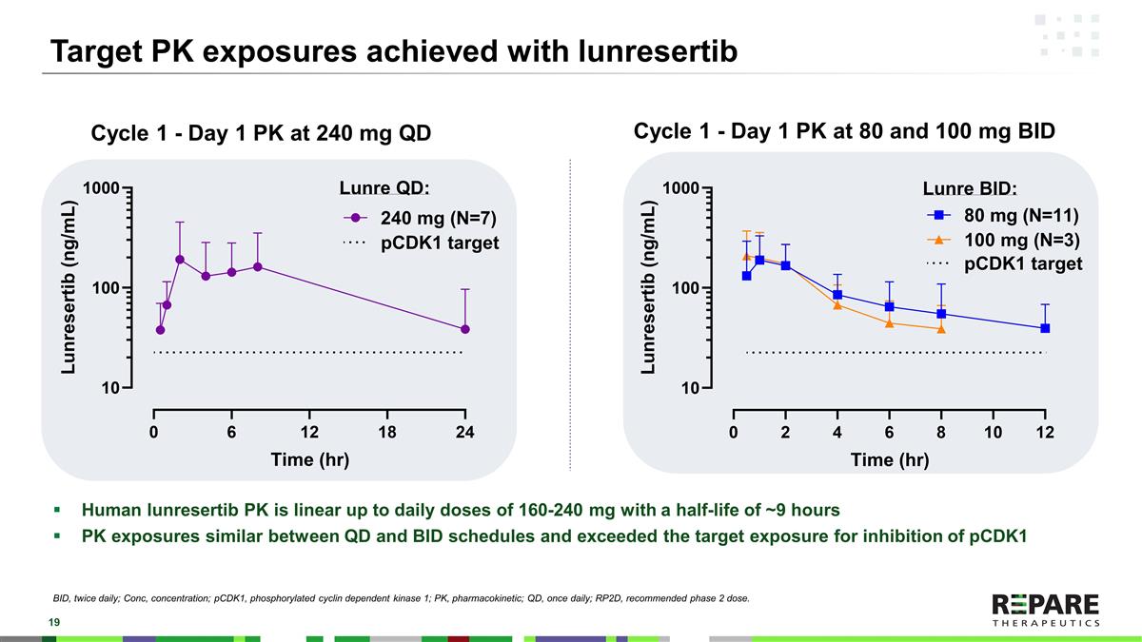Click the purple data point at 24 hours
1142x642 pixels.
[x=464, y=329]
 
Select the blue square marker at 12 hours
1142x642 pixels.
[x=1045, y=328]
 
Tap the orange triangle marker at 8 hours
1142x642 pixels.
[x=941, y=329]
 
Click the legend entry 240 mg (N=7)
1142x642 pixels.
[x=418, y=218]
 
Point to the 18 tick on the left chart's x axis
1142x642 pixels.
[x=386, y=432]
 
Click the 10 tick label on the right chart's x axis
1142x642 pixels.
[x=993, y=432]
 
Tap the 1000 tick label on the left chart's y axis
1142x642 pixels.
[x=100, y=188]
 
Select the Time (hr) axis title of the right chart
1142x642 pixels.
[x=889, y=460]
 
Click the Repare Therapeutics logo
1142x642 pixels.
[x=1045, y=610]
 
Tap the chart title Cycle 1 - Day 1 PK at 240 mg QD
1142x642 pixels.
[x=260, y=134]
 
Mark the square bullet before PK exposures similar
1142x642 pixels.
[x=58, y=535]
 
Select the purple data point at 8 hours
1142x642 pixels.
[x=257, y=266]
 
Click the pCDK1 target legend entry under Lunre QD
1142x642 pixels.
[x=420, y=243]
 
